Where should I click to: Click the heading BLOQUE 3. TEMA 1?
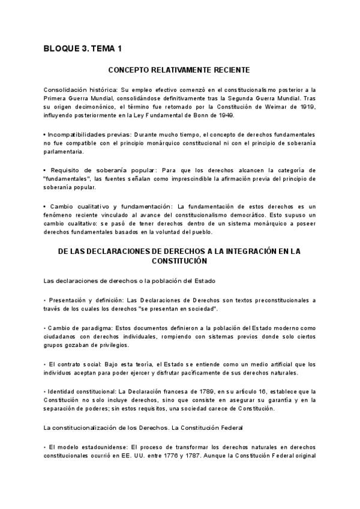coord(83,49)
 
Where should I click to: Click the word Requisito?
coord(65,170)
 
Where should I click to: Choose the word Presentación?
coord(68,300)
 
